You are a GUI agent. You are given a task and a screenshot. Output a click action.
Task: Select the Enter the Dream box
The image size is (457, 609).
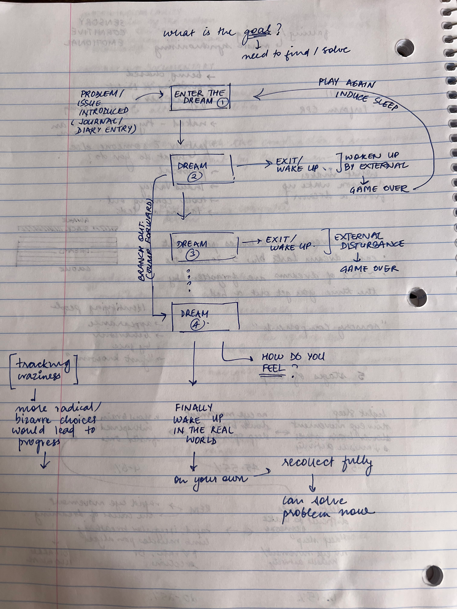tap(200, 98)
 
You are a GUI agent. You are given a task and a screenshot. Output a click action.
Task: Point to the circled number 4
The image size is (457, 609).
tap(196, 325)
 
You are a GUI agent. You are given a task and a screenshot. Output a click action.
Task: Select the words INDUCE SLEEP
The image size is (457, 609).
tap(366, 100)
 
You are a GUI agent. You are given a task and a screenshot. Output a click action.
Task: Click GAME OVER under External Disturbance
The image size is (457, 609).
tap(369, 269)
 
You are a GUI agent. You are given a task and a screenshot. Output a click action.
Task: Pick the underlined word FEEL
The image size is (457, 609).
tap(273, 368)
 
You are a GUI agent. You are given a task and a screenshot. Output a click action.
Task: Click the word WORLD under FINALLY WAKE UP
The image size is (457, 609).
tap(201, 440)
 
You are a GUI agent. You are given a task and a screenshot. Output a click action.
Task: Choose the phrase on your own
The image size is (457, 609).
tap(211, 480)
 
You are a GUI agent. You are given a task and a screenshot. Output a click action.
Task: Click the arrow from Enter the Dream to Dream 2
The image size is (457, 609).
tap(180, 132)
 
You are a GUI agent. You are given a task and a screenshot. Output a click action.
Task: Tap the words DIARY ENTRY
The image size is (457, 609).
tap(106, 129)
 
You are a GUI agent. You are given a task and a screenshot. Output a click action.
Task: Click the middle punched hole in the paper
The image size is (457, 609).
tap(418, 297)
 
